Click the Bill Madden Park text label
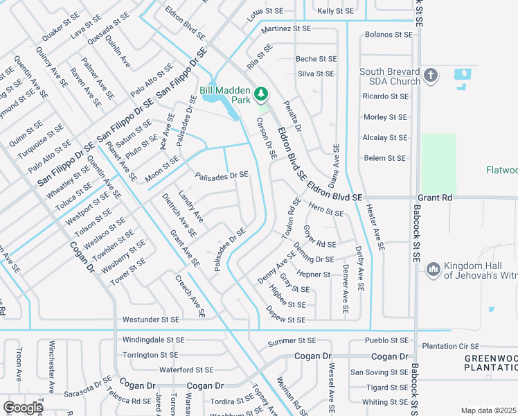point(224,95)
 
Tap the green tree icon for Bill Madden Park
point(261,93)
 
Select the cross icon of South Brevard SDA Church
point(430,75)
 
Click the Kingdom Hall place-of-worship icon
point(433,268)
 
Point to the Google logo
point(23,407)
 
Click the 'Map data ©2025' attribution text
point(488,410)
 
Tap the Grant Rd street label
point(436,198)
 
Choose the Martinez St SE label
point(286,29)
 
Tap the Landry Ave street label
point(190,206)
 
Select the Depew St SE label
point(286,320)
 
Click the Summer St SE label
point(292,341)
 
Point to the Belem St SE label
point(384,158)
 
